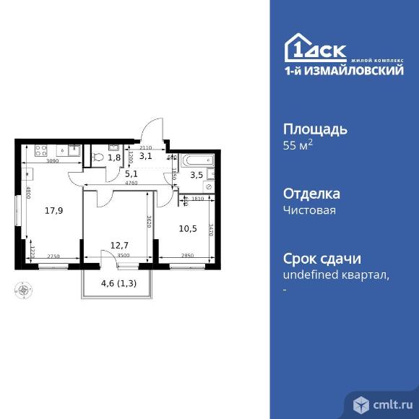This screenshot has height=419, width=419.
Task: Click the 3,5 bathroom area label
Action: pos(196,174)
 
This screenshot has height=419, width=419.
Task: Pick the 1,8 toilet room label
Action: pos(114,157)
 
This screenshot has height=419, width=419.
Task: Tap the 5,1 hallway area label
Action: pos(131,173)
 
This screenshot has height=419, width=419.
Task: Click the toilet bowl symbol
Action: pos(98,155)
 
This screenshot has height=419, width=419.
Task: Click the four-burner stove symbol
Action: pos(40,152)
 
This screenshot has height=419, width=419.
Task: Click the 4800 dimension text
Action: pos(27,193)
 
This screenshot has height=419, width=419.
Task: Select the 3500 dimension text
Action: pos(122,256)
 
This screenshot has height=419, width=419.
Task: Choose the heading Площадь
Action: pos(314,130)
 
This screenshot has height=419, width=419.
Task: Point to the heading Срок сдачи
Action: pos(321,259)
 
